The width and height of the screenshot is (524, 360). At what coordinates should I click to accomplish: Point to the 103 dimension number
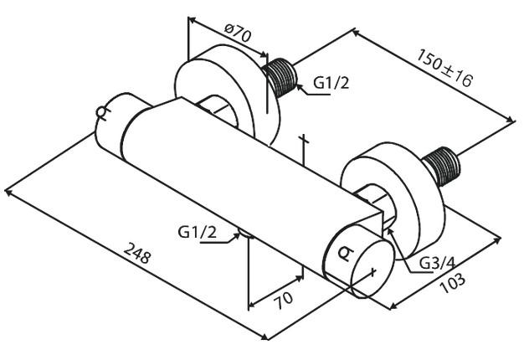(452, 283)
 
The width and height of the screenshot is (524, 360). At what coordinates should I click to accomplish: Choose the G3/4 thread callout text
(437, 262)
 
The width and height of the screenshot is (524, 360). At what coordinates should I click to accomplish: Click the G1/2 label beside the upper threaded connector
(331, 83)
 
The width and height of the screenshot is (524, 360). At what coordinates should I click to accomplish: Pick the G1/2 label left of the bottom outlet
(198, 231)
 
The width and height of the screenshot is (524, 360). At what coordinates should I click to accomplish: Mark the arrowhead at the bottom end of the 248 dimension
(265, 337)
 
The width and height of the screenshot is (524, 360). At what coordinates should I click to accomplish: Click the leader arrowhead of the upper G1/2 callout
(295, 92)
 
